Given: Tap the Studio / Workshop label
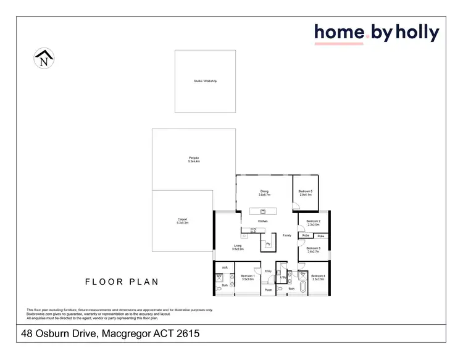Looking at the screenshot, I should pyautogui.click(x=206, y=82).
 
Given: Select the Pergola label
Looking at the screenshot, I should pyautogui.click(x=194, y=159).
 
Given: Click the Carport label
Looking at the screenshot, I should pyautogui.click(x=182, y=221).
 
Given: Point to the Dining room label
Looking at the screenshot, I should pyautogui.click(x=264, y=193).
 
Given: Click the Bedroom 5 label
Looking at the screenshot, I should pyautogui.click(x=306, y=193).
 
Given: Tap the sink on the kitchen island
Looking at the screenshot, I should pyautogui.click(x=263, y=211).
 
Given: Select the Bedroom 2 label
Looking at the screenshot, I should pyautogui.click(x=313, y=222).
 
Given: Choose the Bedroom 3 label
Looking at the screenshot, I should pyautogui.click(x=313, y=249).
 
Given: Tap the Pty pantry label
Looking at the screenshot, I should pyautogui.click(x=268, y=245).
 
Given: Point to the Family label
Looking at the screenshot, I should pyautogui.click(x=287, y=235).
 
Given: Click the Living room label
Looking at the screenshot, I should pyautogui.click(x=238, y=247).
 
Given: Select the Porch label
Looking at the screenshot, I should pyautogui.click(x=268, y=290).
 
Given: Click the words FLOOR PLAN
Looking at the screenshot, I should pyautogui.click(x=122, y=282).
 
